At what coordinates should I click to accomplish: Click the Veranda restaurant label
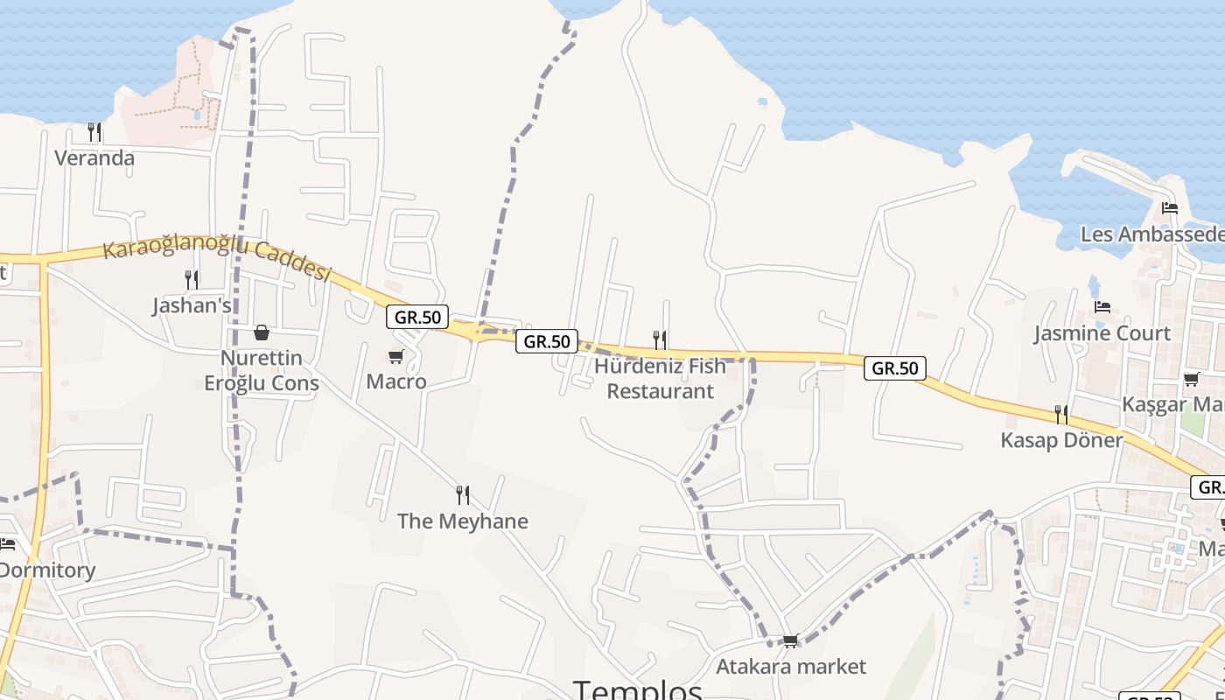94,158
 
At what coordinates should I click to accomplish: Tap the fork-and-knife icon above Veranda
94,132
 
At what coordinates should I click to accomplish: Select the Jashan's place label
192,305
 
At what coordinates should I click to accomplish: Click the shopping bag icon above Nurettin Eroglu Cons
261,332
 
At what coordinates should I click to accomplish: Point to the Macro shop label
396,381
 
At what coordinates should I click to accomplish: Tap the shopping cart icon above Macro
396,356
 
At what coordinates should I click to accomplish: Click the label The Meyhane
463,521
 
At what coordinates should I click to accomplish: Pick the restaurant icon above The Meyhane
463,495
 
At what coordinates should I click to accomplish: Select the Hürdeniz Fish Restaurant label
661,378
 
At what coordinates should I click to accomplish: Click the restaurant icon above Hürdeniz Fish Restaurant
660,339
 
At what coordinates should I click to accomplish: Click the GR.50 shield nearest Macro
417,317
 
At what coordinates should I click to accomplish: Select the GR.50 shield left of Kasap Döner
894,368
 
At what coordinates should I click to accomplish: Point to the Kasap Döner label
1062,440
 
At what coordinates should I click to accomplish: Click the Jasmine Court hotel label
1102,333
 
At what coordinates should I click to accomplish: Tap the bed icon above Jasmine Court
1102,307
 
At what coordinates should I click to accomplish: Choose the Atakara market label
791,667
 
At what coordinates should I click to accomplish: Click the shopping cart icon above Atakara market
791,641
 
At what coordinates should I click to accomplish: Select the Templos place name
638,689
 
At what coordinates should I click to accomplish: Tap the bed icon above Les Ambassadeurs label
1170,208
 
